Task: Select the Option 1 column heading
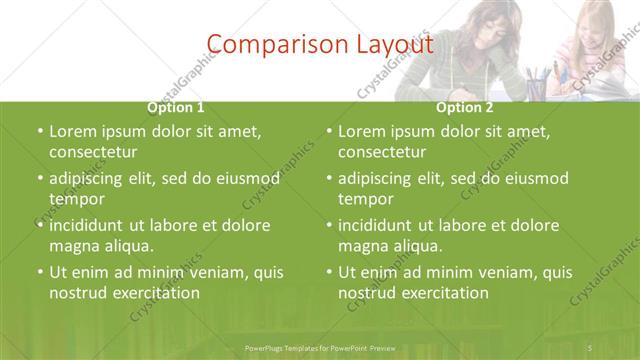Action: [x=176, y=107]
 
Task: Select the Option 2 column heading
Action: [x=465, y=107]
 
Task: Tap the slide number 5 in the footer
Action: [x=591, y=347]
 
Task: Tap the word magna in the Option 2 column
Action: [x=362, y=246]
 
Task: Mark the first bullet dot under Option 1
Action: [x=39, y=131]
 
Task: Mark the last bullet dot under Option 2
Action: [x=328, y=272]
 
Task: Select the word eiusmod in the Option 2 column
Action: [x=536, y=178]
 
